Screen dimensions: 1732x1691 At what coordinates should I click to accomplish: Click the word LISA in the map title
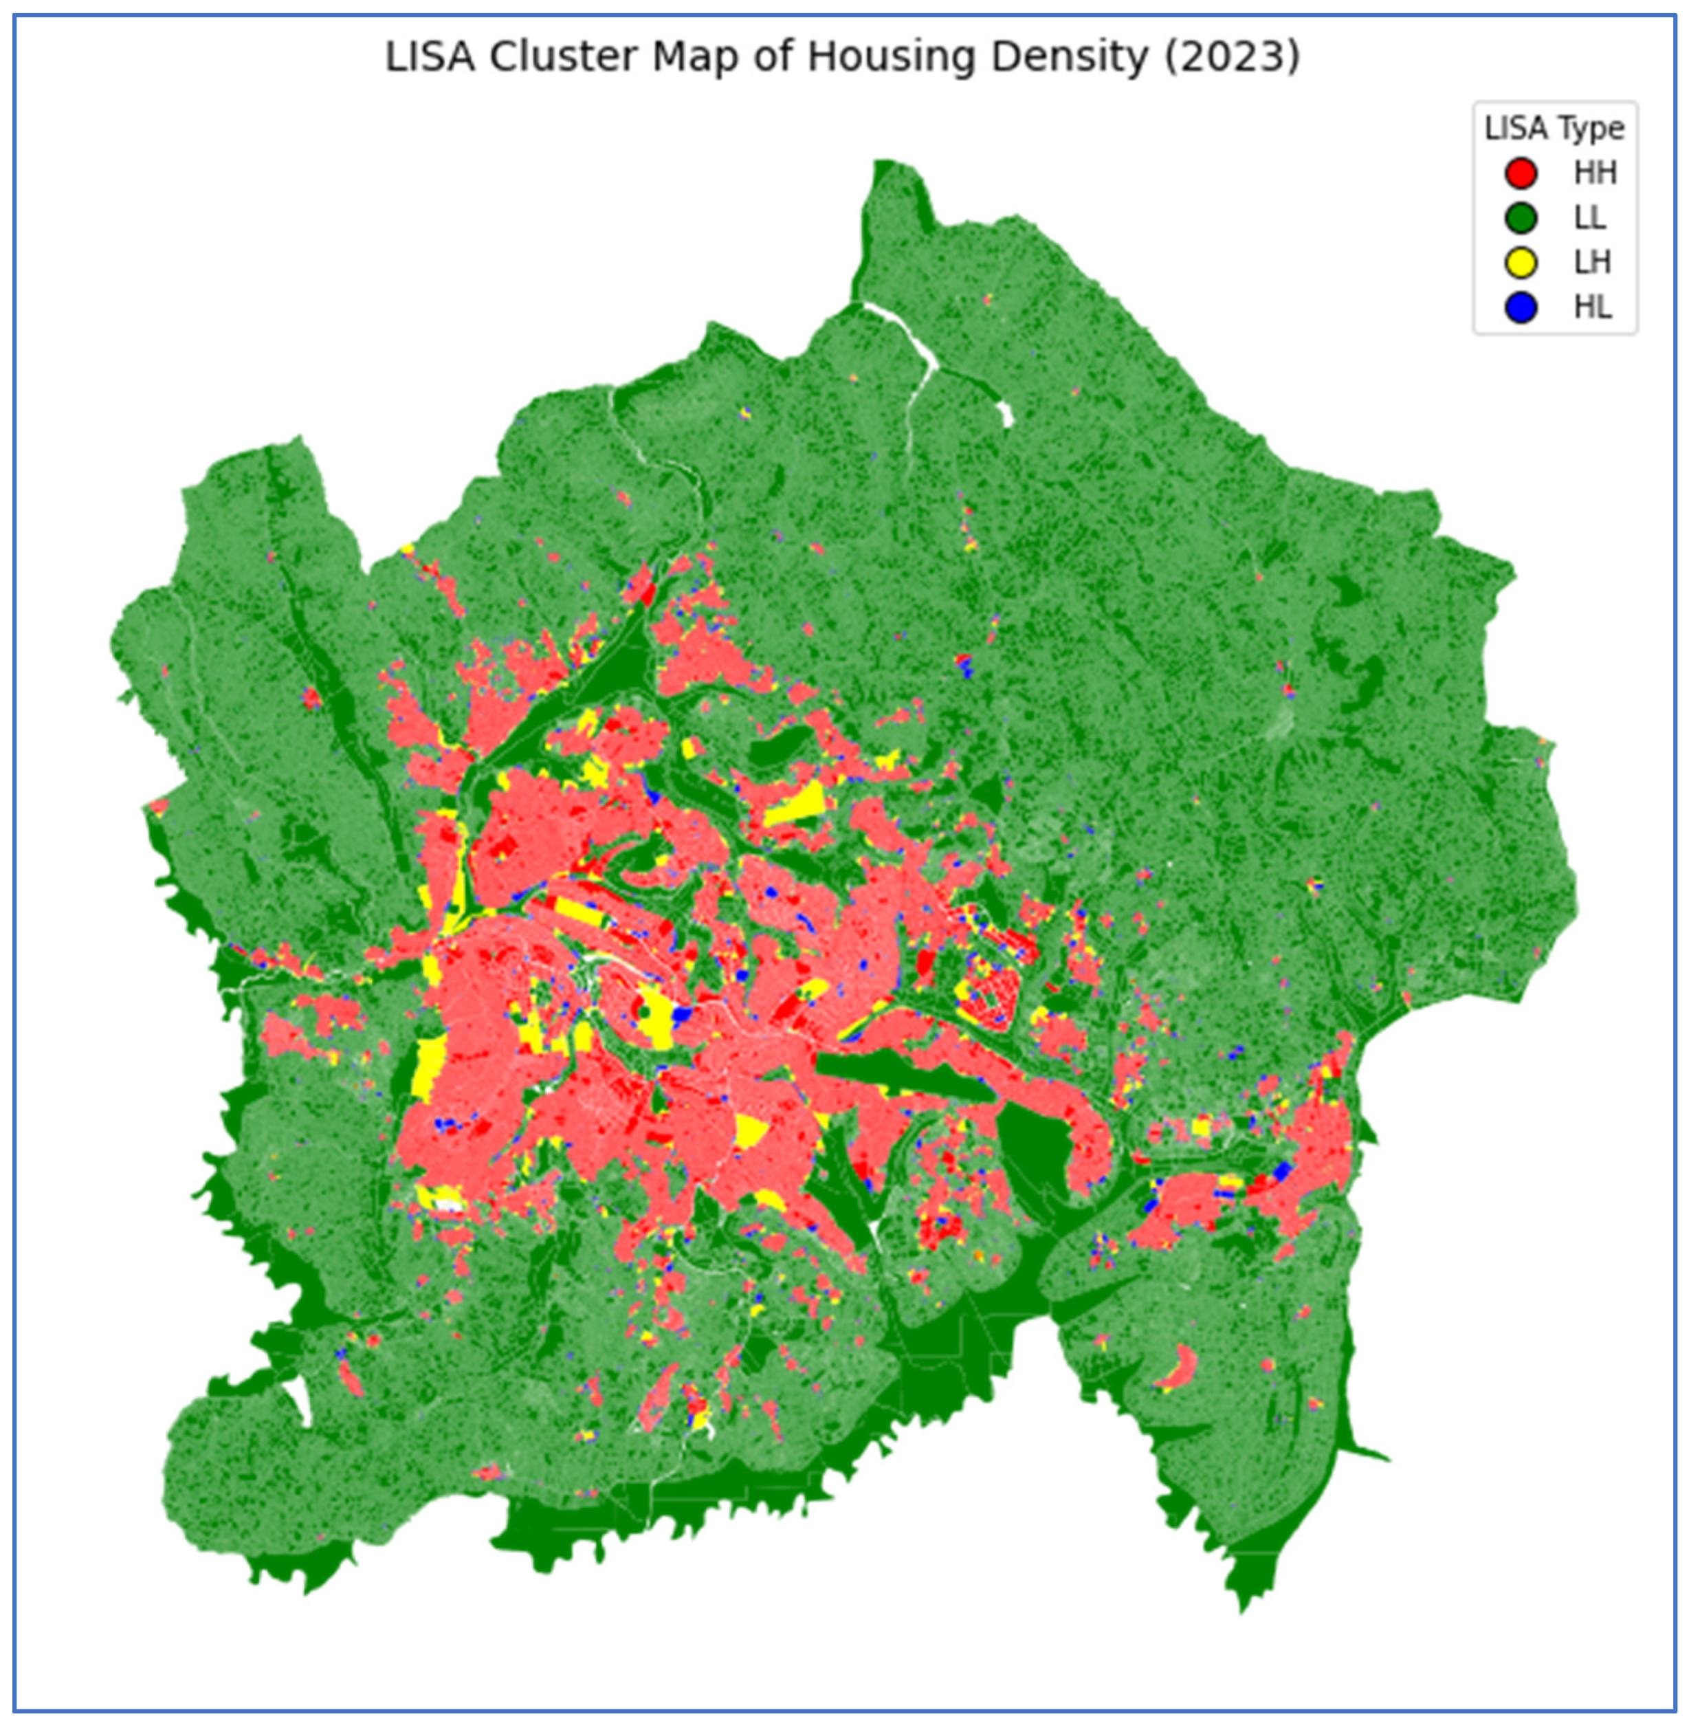click(x=432, y=57)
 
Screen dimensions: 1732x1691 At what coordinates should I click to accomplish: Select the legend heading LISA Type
click(x=1554, y=129)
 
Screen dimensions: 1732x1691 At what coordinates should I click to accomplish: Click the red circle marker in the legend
click(x=1521, y=173)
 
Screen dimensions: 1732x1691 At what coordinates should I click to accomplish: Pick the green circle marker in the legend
click(x=1521, y=217)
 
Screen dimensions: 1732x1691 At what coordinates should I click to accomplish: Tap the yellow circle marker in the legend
click(x=1521, y=263)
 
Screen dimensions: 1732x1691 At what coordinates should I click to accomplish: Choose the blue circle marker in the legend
click(x=1521, y=307)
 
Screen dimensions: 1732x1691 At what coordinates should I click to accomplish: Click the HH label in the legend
click(x=1595, y=173)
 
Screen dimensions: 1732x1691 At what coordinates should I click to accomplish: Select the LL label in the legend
click(x=1590, y=217)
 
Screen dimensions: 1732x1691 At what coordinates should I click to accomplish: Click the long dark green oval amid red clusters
click(x=906, y=1077)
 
